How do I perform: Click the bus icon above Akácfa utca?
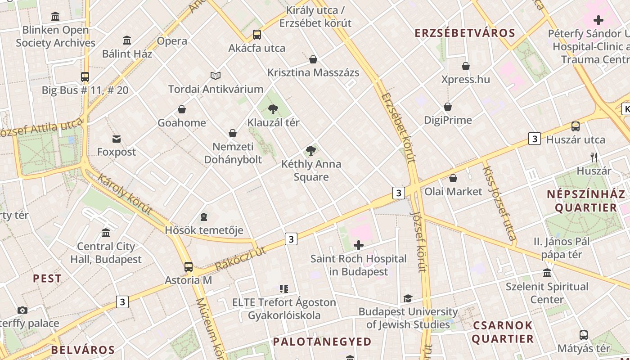click(x=257, y=34)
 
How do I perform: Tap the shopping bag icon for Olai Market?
click(x=453, y=178)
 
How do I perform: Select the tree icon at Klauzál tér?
click(x=273, y=109)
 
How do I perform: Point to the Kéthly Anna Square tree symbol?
click(x=310, y=151)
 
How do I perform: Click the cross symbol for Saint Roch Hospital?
click(x=359, y=245)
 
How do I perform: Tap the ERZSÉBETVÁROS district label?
click(x=465, y=33)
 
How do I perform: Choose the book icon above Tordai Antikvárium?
click(x=216, y=76)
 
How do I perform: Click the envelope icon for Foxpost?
click(x=117, y=139)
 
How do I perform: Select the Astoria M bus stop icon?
click(x=189, y=267)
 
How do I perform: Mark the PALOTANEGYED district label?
click(x=322, y=342)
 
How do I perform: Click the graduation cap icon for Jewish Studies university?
click(x=408, y=298)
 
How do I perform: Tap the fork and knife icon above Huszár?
click(x=594, y=157)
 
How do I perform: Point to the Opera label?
click(x=172, y=41)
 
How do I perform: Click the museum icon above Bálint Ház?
click(x=127, y=40)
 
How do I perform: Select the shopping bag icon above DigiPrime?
click(x=448, y=107)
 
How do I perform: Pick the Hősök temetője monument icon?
click(x=204, y=217)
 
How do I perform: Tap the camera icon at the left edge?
click(x=22, y=310)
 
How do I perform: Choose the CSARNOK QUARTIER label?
click(x=503, y=332)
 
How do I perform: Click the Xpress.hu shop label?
click(x=465, y=80)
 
